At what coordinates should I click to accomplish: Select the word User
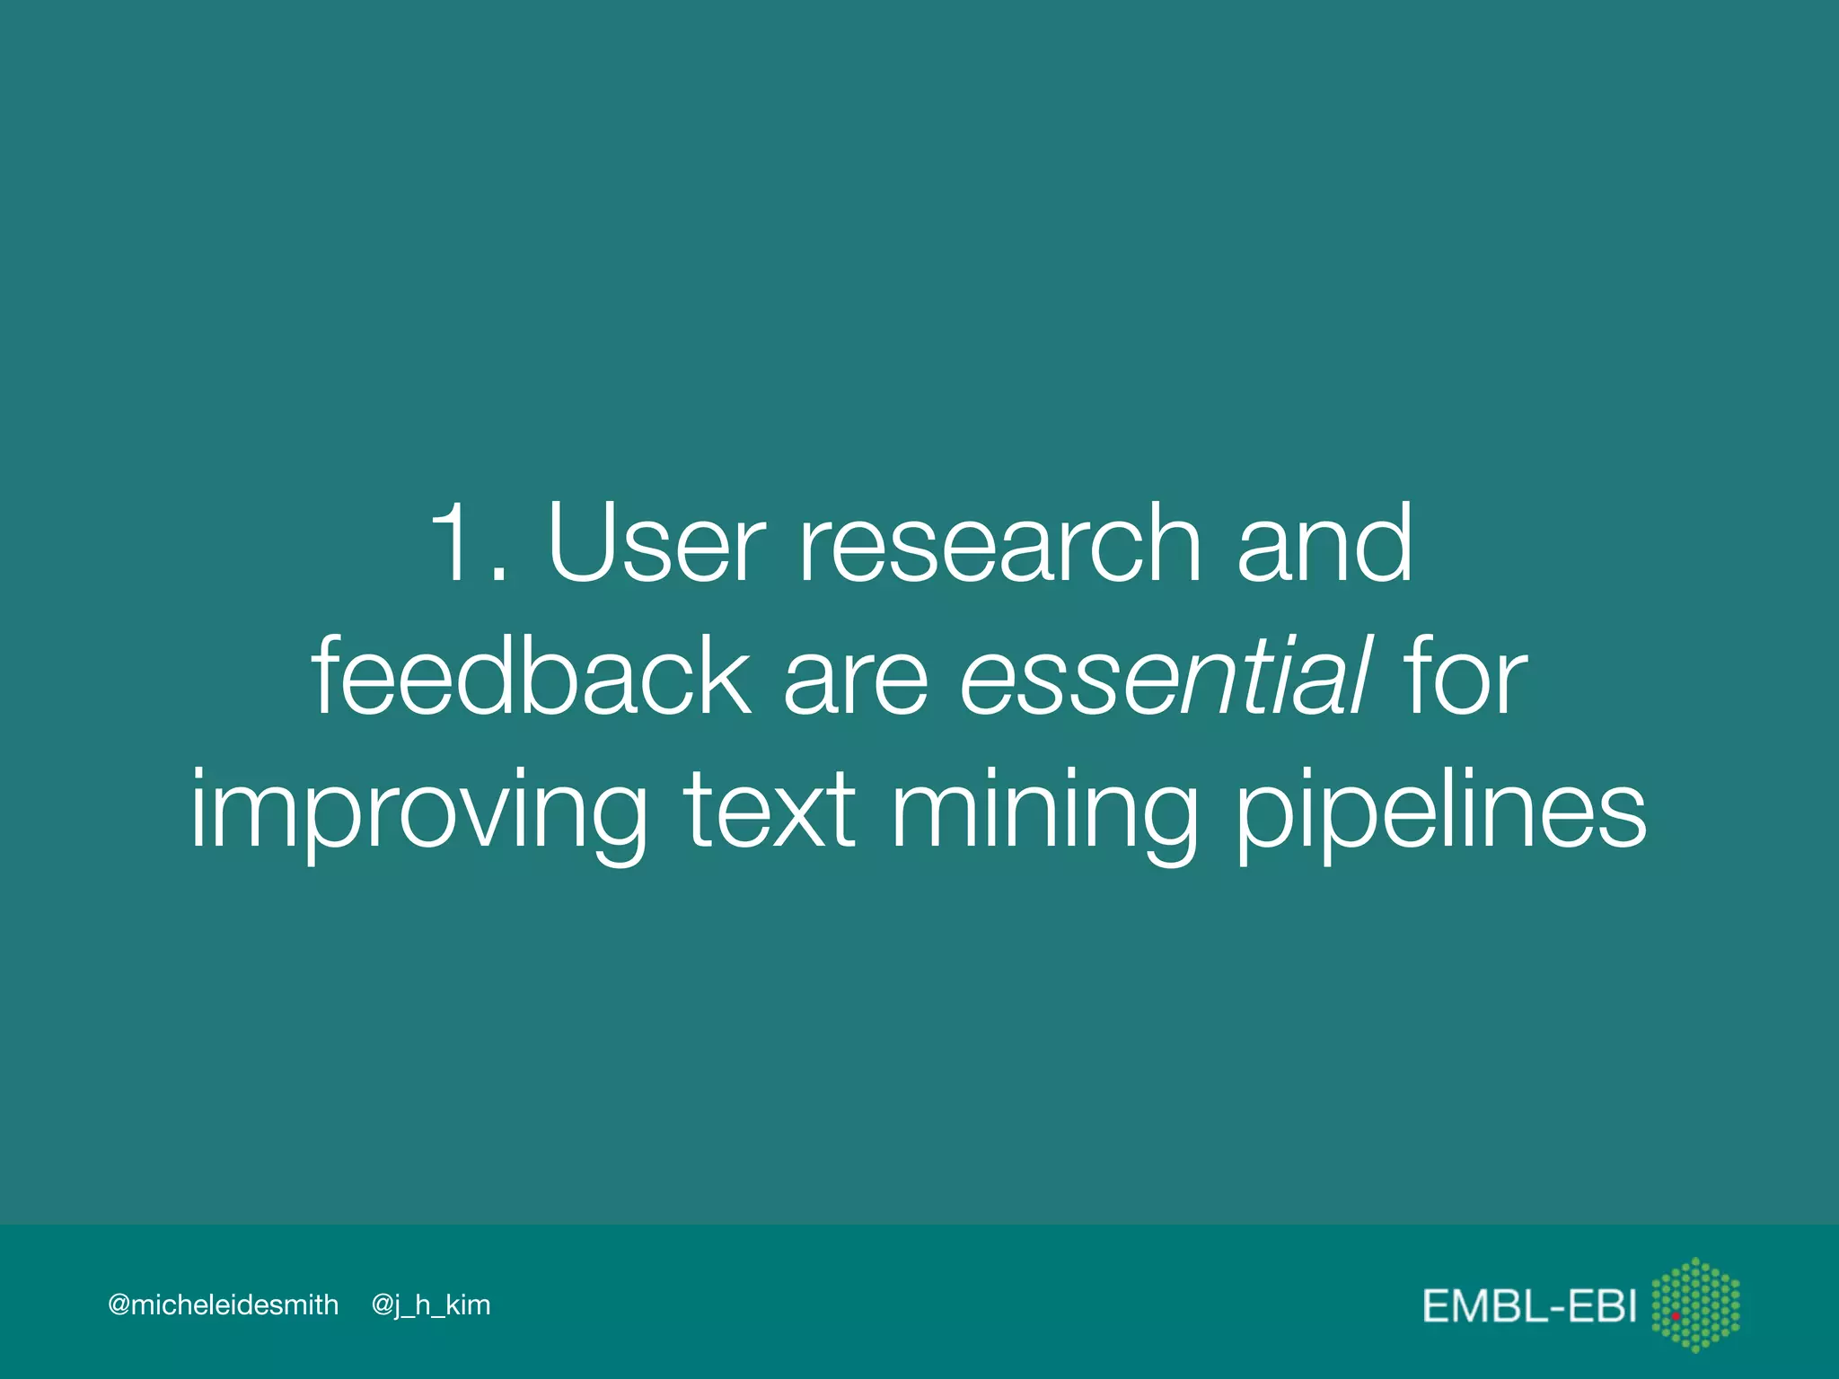pyautogui.click(x=656, y=543)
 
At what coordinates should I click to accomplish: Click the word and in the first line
pyautogui.click(x=1324, y=543)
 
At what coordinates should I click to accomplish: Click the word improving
pyautogui.click(x=418, y=812)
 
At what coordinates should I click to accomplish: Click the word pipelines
pyautogui.click(x=1440, y=812)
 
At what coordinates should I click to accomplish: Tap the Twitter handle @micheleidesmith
pyautogui.click(x=223, y=1304)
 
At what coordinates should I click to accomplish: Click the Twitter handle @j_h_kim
pyautogui.click(x=431, y=1305)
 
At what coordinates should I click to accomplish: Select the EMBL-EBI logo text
pyautogui.click(x=1529, y=1305)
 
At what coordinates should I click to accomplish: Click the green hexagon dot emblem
pyautogui.click(x=1696, y=1304)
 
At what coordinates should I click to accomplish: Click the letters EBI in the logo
pyautogui.click(x=1602, y=1305)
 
